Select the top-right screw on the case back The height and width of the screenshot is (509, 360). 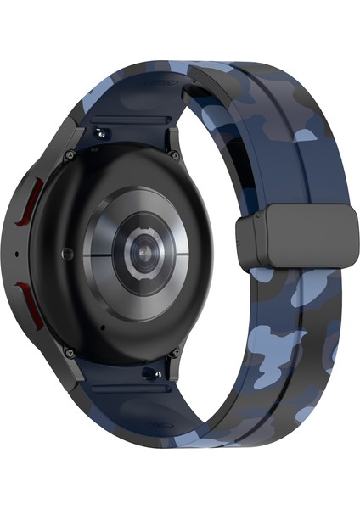(x=174, y=154)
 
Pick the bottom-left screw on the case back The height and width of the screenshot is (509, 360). (x=70, y=350)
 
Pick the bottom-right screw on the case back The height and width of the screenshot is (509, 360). (x=174, y=351)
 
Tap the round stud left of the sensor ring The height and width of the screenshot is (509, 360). (x=67, y=252)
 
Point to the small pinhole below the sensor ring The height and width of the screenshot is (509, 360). (x=103, y=326)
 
